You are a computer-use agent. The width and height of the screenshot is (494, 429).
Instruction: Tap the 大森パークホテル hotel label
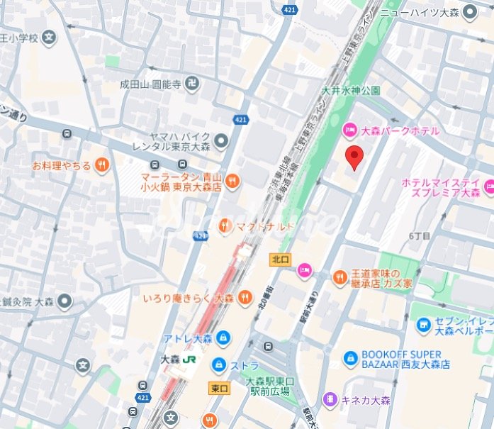[400, 130]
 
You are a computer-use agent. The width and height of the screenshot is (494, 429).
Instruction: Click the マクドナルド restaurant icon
[225, 225]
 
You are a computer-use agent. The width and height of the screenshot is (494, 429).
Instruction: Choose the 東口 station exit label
[220, 388]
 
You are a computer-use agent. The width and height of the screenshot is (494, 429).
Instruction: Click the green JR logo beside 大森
[189, 360]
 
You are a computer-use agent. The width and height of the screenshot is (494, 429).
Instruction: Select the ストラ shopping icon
[219, 366]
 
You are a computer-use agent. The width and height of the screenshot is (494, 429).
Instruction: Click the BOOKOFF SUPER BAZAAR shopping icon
[350, 360]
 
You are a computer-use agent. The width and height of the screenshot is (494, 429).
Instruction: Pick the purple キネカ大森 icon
[330, 400]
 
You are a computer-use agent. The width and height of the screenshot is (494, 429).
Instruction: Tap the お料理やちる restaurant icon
[102, 165]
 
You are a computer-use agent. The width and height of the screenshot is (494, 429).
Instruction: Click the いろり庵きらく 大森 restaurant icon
[245, 298]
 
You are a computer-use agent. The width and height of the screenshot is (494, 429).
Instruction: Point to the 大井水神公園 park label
[351, 91]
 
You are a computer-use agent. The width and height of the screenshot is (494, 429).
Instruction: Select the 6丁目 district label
[419, 236]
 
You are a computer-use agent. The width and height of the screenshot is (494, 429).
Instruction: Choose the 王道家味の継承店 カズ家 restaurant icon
[339, 277]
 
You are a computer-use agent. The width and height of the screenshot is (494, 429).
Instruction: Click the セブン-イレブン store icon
[423, 325]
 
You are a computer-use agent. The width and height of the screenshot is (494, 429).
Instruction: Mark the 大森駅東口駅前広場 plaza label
[268, 386]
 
